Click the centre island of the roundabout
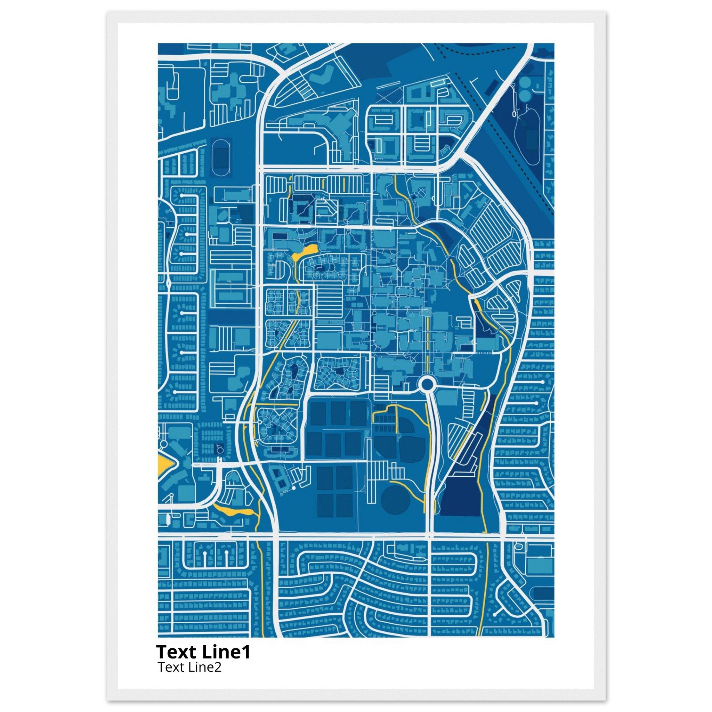pos(427,385)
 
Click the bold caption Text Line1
pos(203,652)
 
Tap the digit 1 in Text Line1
pos(246,652)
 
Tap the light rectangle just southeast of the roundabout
pos(452,399)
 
